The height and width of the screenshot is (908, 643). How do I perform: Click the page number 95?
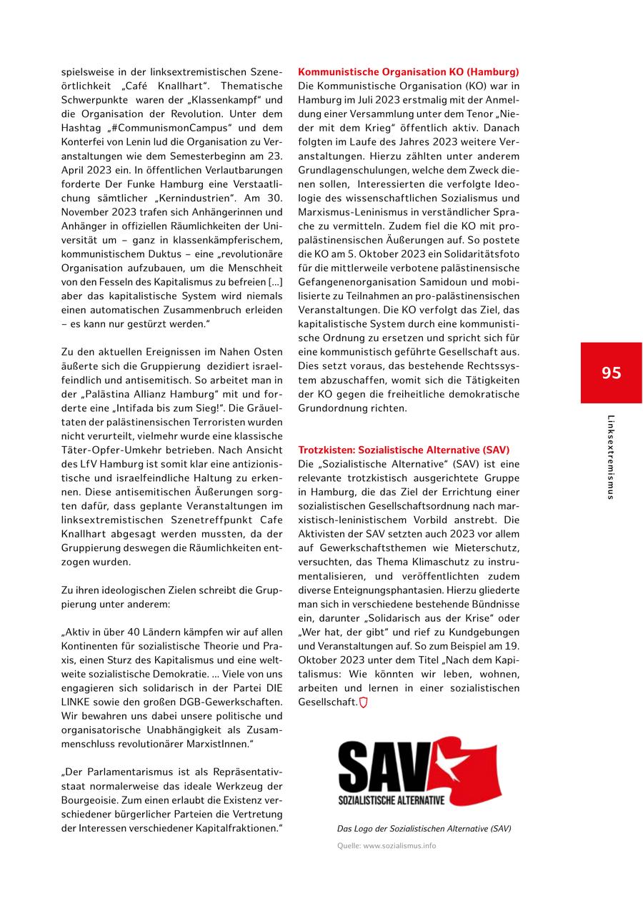click(x=611, y=373)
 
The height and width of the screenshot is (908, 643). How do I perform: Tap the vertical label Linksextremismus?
click(x=611, y=457)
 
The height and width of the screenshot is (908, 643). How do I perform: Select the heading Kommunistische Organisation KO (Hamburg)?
click(x=408, y=72)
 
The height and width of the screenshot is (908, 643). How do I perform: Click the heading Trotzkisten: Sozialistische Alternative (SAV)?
click(x=404, y=450)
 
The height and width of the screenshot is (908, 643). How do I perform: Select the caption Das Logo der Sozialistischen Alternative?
click(x=424, y=829)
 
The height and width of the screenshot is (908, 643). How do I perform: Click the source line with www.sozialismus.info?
click(x=387, y=846)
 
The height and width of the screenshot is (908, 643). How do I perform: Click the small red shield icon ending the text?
click(x=363, y=702)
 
